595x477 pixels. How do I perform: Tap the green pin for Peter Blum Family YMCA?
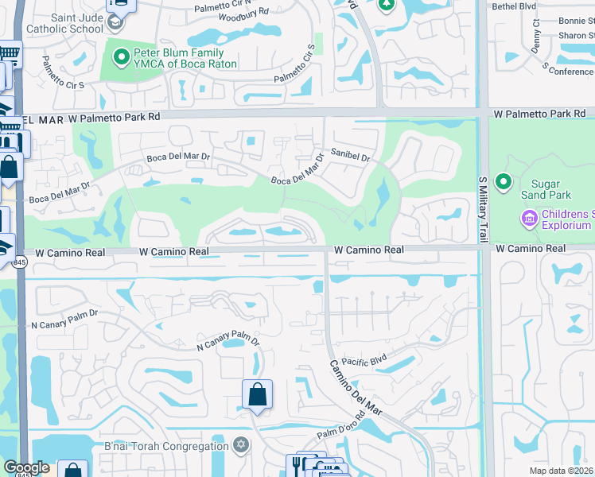(x=122, y=56)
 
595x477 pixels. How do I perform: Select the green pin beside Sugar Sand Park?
(x=503, y=183)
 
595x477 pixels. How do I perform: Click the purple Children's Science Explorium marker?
(x=529, y=217)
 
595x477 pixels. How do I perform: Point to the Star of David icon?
(x=240, y=445)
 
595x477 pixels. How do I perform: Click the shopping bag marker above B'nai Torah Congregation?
(x=257, y=394)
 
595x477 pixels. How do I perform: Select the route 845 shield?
(x=18, y=262)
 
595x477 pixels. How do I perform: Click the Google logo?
(x=26, y=467)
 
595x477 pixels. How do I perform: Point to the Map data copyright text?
(x=562, y=470)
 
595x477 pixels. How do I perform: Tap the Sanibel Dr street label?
(x=351, y=157)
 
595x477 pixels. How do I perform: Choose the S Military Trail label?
(x=483, y=208)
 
